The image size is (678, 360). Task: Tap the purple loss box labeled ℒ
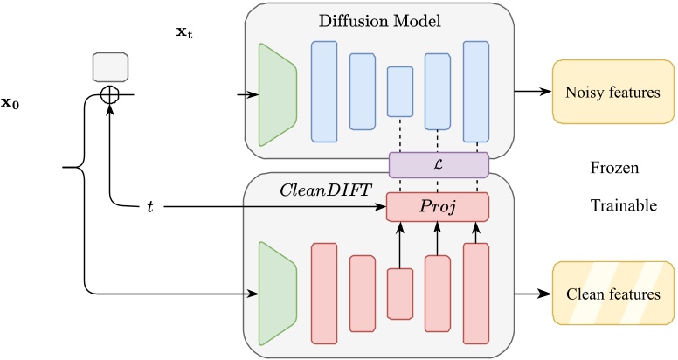point(438,163)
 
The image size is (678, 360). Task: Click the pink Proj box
point(438,207)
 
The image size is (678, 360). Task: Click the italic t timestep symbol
point(151,208)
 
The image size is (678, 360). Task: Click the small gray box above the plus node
point(111,67)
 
